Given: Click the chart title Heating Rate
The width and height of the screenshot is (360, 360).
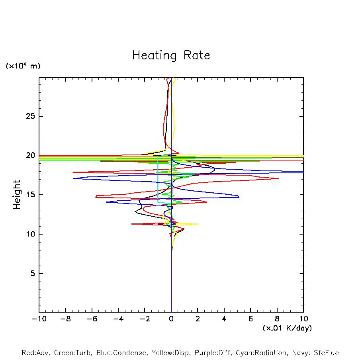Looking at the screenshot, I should coord(171,55).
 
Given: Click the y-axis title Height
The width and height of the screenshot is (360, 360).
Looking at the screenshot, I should coord(17,195).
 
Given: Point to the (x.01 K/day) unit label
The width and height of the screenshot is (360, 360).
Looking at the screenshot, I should coord(287,328).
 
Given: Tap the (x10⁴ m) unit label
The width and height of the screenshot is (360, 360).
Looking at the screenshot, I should coord(23,66).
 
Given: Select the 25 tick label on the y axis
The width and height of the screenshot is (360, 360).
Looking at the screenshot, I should coord(30,116).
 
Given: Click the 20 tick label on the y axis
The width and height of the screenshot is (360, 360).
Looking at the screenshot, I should coord(30,155).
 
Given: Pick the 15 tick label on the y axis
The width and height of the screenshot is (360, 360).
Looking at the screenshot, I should coord(30,195).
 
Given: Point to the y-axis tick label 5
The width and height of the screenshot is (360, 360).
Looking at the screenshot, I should coord(33,274).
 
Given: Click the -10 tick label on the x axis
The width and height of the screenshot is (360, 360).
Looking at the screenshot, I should coord(38,319).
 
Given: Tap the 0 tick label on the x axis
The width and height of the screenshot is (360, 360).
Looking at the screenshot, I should coord(171,319).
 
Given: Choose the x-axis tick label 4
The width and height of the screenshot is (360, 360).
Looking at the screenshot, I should coord(224,319).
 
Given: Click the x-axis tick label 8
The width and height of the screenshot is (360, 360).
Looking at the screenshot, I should coord(277,319).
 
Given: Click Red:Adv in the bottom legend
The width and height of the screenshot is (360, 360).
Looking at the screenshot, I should coord(35,353).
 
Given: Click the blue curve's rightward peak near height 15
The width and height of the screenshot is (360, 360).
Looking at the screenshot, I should coord(239,196).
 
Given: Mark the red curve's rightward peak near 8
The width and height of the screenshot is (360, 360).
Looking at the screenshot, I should coord(278,178).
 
